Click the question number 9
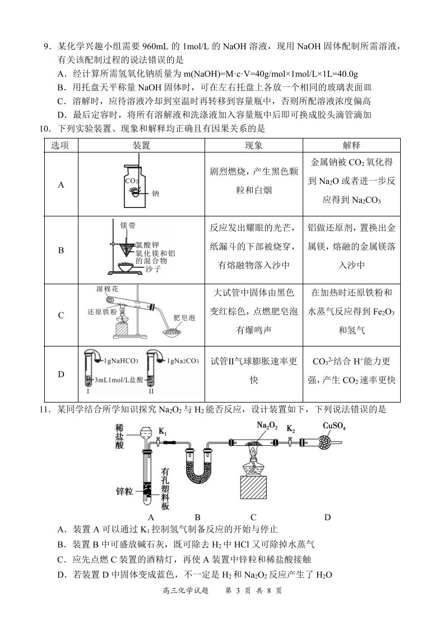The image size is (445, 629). coord(47,46)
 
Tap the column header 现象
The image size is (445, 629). coord(253,145)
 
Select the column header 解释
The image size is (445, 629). coord(351,145)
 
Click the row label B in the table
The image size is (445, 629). coord(61,251)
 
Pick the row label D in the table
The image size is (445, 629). coord(61,374)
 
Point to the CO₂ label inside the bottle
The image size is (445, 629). coord(132,181)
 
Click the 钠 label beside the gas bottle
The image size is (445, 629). coord(155,194)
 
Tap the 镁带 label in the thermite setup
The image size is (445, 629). coord(128,225)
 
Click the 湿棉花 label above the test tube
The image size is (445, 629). coord(107,289)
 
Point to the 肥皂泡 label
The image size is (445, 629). coord(184,318)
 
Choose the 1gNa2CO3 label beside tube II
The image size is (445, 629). coord(183,361)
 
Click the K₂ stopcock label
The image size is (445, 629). coord(291,429)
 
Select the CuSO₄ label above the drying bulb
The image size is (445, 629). coord(334,426)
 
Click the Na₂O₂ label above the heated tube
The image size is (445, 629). coord(267,425)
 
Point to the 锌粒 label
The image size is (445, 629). coord(124,491)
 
